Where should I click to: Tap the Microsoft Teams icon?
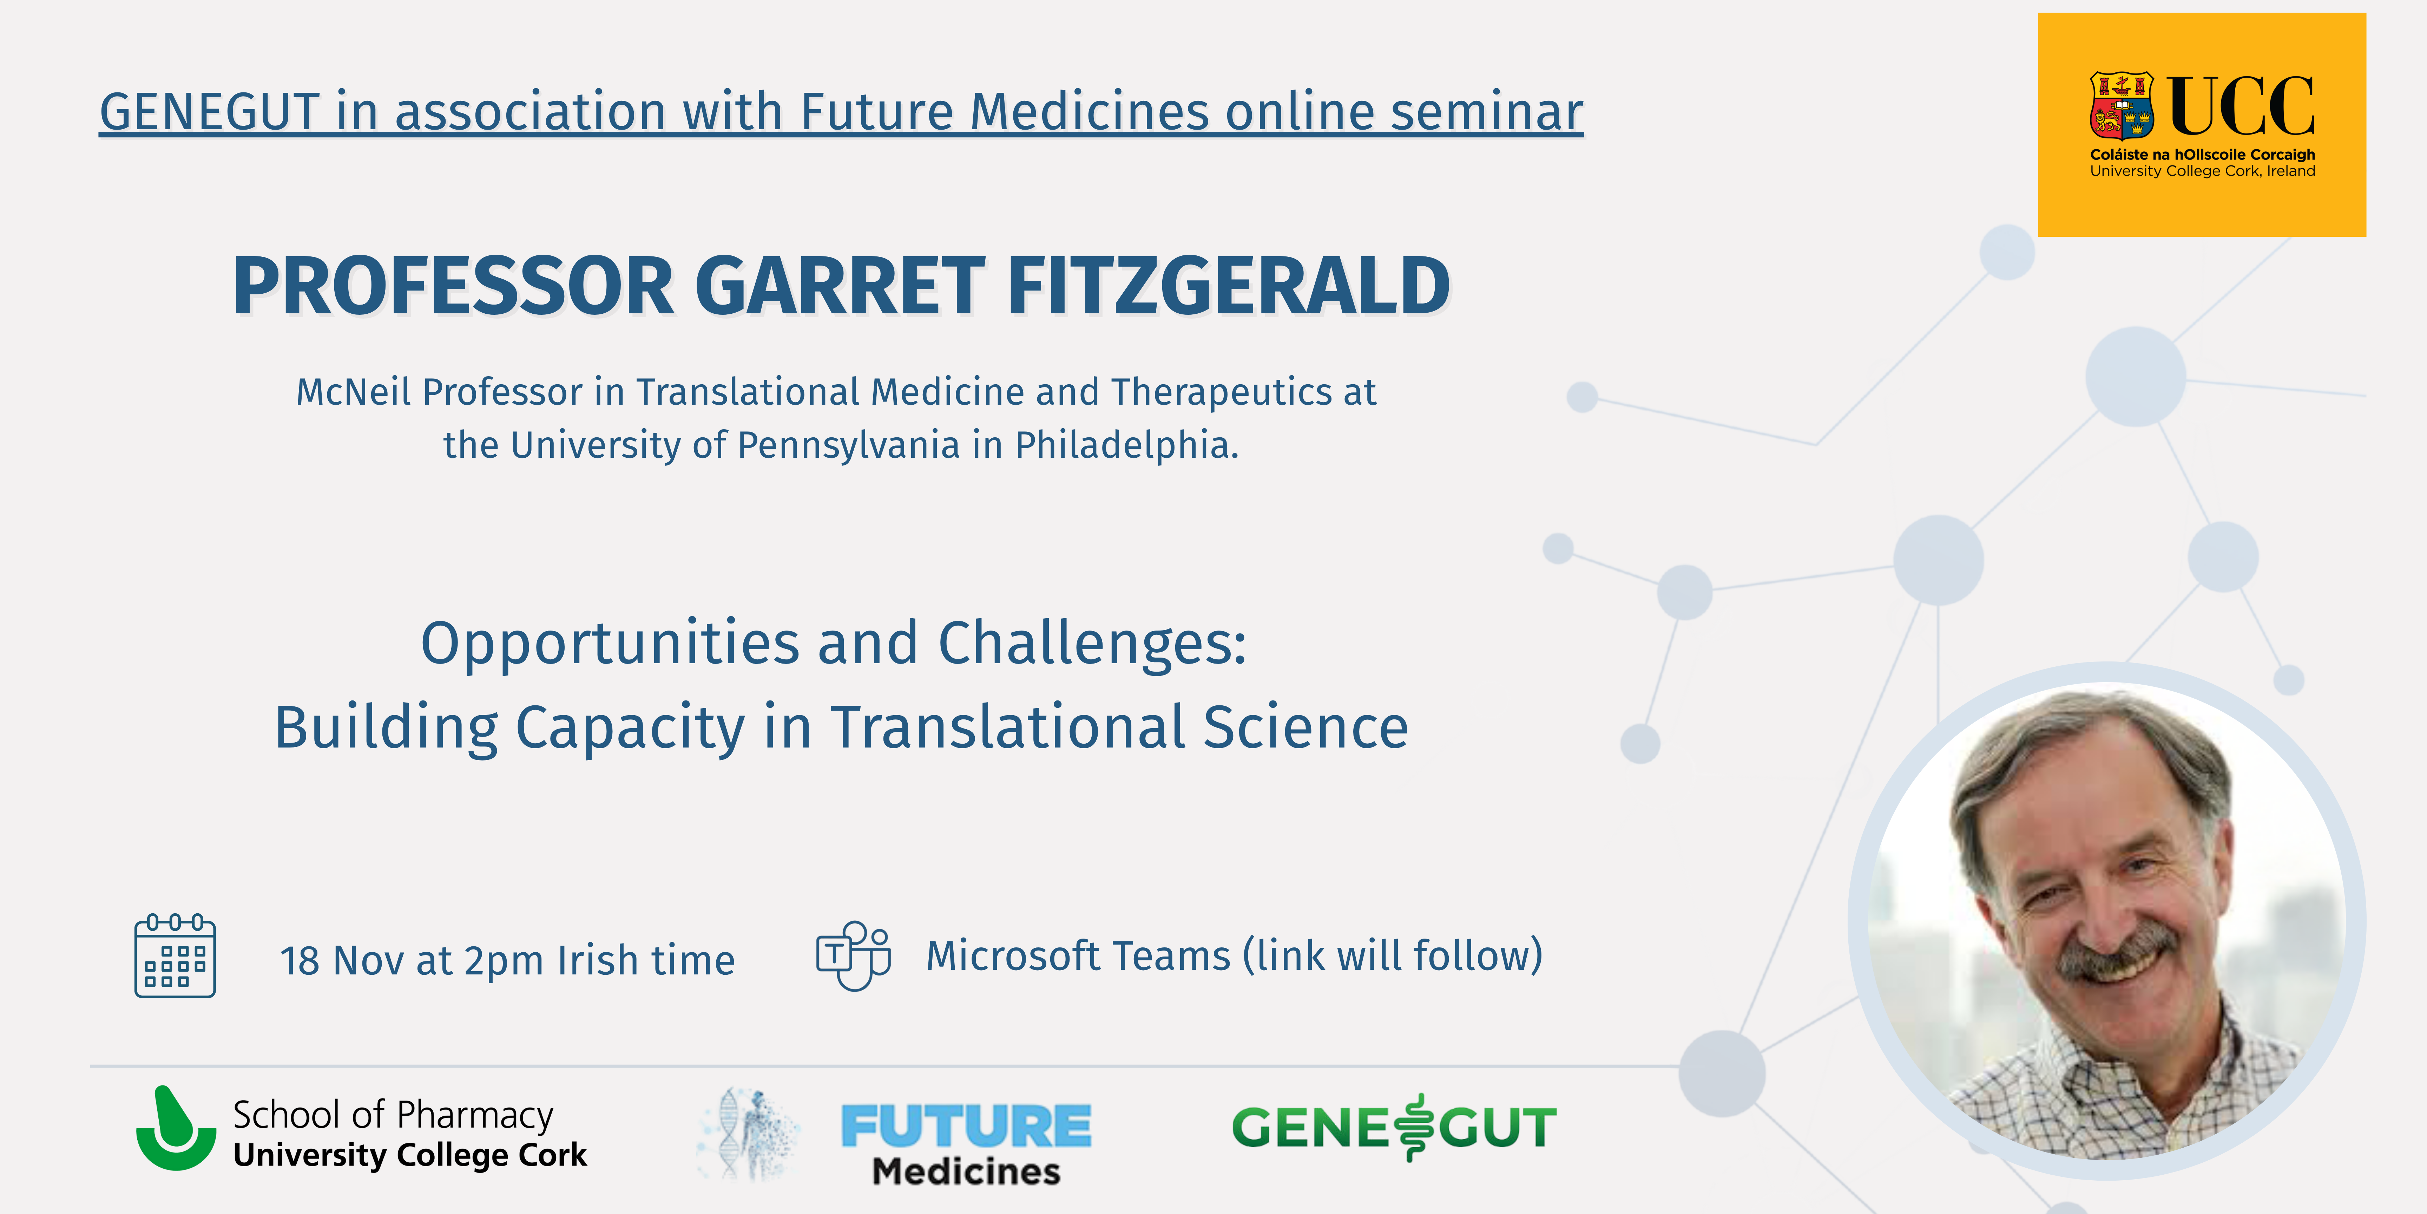[854, 955]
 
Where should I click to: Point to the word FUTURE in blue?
[966, 1126]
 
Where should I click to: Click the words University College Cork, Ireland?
[2203, 171]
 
